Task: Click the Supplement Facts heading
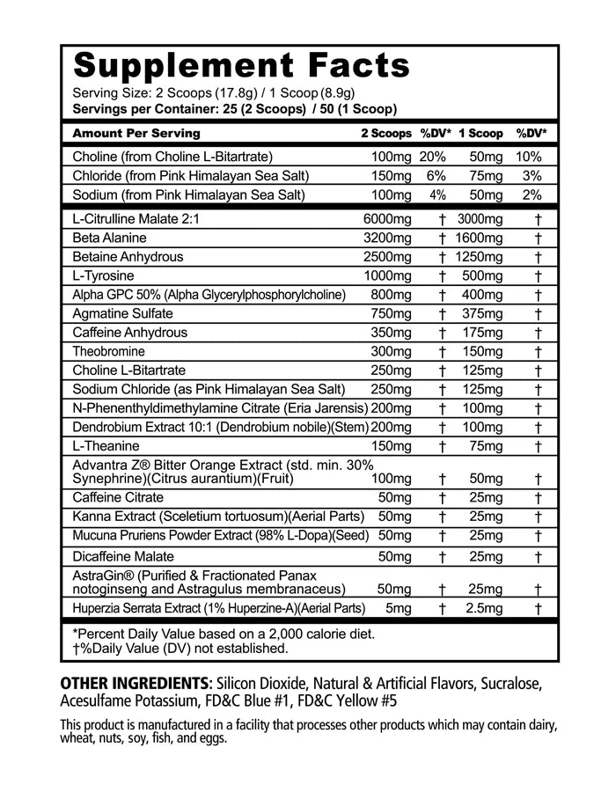tap(241, 66)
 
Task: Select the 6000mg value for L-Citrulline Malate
tap(387, 218)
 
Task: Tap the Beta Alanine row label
tap(110, 238)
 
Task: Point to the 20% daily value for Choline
tap(433, 157)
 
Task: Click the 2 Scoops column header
tap(385, 134)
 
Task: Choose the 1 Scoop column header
tap(480, 134)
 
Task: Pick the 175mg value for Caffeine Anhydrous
tap(480, 333)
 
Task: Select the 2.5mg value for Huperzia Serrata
tap(481, 607)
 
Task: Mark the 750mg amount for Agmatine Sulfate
tap(391, 313)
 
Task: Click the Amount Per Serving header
tap(136, 134)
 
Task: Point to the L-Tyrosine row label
tap(104, 275)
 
